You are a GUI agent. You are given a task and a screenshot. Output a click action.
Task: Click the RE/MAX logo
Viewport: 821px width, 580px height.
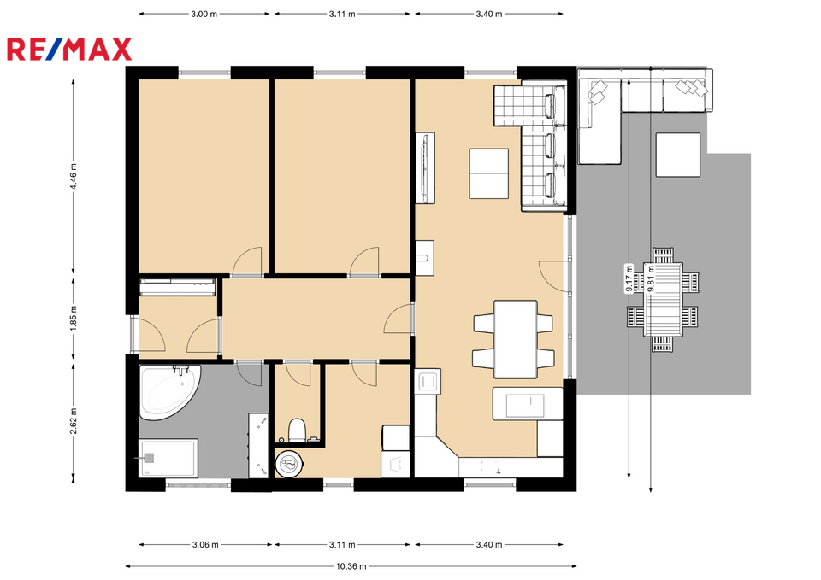(x=69, y=50)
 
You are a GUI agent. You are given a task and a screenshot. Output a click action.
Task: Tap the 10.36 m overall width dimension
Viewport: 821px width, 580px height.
(x=351, y=565)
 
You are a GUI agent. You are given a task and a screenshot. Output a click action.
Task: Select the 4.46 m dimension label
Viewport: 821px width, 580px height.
(x=74, y=176)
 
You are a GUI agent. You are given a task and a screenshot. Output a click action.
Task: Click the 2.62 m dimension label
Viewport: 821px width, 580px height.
(x=74, y=421)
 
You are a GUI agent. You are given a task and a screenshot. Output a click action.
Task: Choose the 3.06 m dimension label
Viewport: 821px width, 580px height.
(x=205, y=544)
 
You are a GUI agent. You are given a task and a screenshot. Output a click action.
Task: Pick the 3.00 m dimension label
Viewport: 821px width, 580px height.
(x=204, y=15)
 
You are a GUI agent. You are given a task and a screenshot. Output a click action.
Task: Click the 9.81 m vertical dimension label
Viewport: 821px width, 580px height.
(x=651, y=278)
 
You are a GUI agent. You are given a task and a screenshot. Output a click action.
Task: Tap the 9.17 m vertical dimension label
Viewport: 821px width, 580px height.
(x=629, y=278)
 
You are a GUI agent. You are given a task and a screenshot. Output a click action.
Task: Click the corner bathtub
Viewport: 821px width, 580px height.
(x=168, y=391)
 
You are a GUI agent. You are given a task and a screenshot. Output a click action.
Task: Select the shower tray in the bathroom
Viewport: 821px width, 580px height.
(x=168, y=458)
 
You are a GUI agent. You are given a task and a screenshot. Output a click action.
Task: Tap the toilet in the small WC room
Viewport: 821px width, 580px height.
(x=297, y=430)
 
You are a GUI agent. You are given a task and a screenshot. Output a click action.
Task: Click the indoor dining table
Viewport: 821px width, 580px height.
(x=516, y=339)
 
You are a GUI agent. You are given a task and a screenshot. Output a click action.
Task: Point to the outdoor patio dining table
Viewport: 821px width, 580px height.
(x=664, y=299)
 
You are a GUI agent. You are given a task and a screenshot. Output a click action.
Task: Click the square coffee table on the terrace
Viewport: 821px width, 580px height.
(x=678, y=155)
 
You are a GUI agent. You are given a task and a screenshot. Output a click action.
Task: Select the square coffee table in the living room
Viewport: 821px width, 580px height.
(x=488, y=173)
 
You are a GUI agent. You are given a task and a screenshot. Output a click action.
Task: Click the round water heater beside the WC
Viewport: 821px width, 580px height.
(x=290, y=463)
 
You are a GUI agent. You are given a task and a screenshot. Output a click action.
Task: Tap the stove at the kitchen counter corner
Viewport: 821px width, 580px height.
(x=428, y=381)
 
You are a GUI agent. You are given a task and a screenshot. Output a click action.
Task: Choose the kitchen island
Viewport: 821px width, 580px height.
(x=528, y=403)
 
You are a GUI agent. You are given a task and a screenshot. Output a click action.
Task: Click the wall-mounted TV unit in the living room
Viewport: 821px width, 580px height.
(x=425, y=168)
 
